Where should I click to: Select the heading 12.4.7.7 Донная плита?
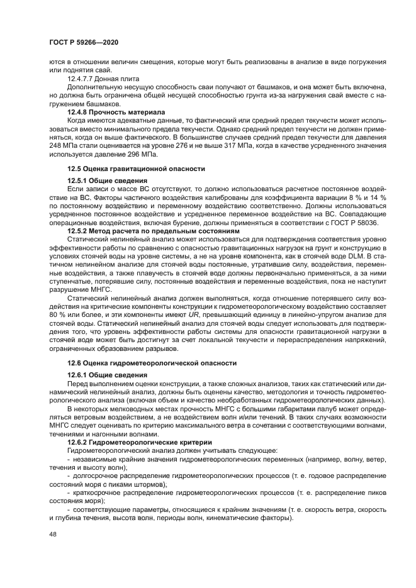point(103,79)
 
